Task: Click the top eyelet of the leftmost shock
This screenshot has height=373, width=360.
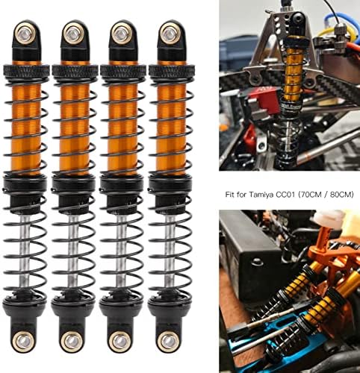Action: coord(25,33)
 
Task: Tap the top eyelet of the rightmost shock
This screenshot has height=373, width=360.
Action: coord(170,33)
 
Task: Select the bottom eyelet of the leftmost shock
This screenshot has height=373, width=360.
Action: coord(24,340)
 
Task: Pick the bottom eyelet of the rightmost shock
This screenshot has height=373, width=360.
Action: coord(169,340)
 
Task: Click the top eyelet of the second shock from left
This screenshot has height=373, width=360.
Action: coord(73,33)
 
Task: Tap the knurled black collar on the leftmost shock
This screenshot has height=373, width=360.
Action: coord(26,72)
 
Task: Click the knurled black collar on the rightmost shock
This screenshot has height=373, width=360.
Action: coord(171,72)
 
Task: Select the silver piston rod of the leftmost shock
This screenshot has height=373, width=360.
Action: coord(25,252)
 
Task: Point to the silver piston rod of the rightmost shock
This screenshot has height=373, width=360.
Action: coord(170,252)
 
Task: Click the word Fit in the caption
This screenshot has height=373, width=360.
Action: coord(230,194)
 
